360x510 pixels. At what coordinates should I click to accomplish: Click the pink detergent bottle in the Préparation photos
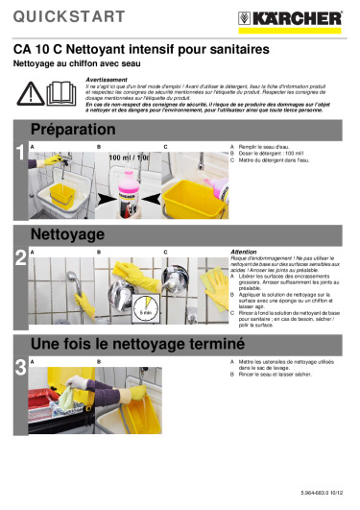(x=139, y=187)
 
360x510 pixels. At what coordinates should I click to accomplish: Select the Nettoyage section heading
(x=68, y=234)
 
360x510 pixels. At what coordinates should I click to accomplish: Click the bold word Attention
(x=245, y=251)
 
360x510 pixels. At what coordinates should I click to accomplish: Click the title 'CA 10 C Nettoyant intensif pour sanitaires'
(x=140, y=48)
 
